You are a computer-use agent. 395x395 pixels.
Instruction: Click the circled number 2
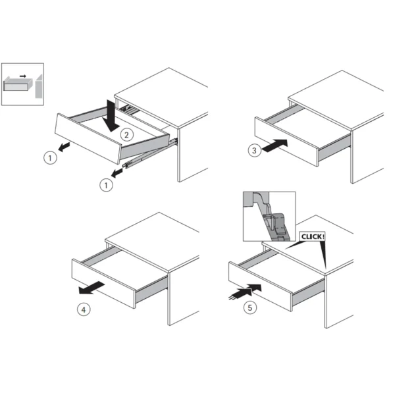pyautogui.click(x=126, y=135)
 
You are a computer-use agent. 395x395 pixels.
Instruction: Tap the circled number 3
pyautogui.click(x=254, y=150)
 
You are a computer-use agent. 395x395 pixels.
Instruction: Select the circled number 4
pyautogui.click(x=84, y=309)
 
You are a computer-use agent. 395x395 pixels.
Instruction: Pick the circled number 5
pyautogui.click(x=250, y=307)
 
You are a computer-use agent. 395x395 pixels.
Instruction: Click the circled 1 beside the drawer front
pyautogui.click(x=50, y=158)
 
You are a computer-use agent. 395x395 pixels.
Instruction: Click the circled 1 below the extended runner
pyautogui.click(x=106, y=186)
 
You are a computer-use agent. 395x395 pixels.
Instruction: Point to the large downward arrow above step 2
pyautogui.click(x=112, y=116)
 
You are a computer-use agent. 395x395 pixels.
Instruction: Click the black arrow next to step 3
pyautogui.click(x=275, y=145)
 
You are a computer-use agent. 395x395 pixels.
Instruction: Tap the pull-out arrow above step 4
pyautogui.click(x=92, y=288)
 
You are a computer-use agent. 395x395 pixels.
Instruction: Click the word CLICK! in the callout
pyautogui.click(x=312, y=236)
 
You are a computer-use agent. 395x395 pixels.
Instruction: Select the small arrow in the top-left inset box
pyautogui.click(x=23, y=76)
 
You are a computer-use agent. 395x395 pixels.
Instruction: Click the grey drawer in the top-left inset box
pyautogui.click(x=18, y=85)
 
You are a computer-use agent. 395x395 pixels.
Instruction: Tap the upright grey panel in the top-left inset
pyautogui.click(x=39, y=86)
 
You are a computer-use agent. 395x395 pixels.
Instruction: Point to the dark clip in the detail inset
pyautogui.click(x=276, y=224)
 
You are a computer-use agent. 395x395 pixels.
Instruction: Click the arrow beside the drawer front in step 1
pyautogui.click(x=64, y=147)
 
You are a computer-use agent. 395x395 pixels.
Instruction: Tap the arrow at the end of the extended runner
pyautogui.click(x=117, y=173)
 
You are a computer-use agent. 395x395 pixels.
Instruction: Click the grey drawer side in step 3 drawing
pyautogui.click(x=334, y=149)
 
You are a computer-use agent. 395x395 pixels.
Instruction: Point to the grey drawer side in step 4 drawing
pyautogui.click(x=151, y=290)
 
